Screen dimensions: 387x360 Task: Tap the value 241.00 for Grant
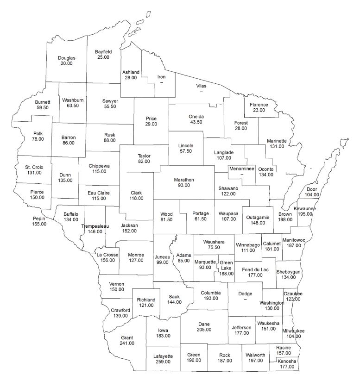point(127,343)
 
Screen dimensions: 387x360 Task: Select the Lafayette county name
point(163,356)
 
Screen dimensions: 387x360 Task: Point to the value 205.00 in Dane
point(204,330)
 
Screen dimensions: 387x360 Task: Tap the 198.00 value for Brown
point(285,219)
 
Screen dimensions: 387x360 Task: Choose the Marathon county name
point(184,179)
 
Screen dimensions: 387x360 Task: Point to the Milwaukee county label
point(295,331)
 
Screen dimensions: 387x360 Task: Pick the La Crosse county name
point(107,255)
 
